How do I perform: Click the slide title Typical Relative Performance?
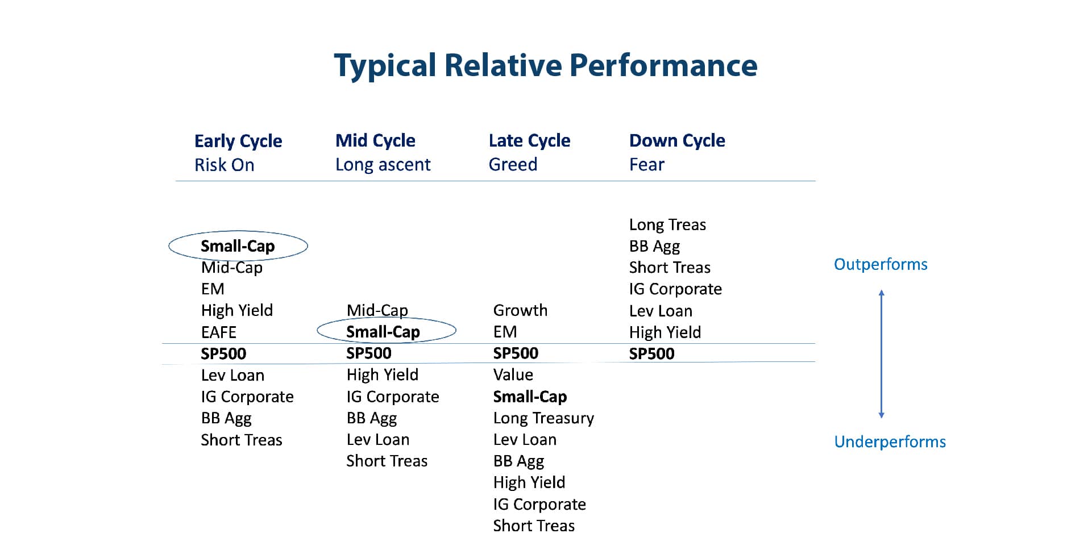pyautogui.click(x=545, y=65)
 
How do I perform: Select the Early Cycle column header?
pyautogui.click(x=238, y=141)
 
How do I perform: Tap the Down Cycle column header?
pyautogui.click(x=676, y=140)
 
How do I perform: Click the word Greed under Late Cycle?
pyautogui.click(x=513, y=165)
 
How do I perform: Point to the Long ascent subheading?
pyautogui.click(x=383, y=165)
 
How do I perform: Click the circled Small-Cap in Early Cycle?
pyautogui.click(x=238, y=246)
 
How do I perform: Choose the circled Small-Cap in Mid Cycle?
pyautogui.click(x=383, y=332)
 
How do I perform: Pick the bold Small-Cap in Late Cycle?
pyautogui.click(x=530, y=397)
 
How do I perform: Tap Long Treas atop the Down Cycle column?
pyautogui.click(x=667, y=225)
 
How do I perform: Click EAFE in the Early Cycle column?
pyautogui.click(x=219, y=332)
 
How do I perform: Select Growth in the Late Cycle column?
pyautogui.click(x=520, y=310)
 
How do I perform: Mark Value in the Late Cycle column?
pyautogui.click(x=513, y=375)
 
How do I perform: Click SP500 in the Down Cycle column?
pyautogui.click(x=651, y=354)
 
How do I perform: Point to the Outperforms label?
pyautogui.click(x=881, y=264)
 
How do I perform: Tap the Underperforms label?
pyautogui.click(x=890, y=441)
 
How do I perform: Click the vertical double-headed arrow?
pyautogui.click(x=882, y=353)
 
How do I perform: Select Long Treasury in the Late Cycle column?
pyautogui.click(x=543, y=418)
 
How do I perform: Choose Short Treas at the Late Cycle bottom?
pyautogui.click(x=534, y=526)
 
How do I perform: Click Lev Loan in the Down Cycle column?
pyautogui.click(x=661, y=311)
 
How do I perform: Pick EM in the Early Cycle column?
pyautogui.click(x=213, y=289)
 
